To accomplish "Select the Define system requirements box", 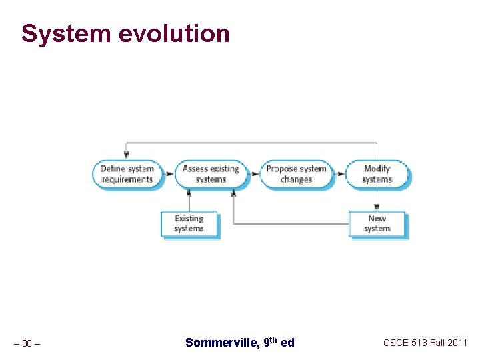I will [x=127, y=174].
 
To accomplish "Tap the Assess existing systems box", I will [x=211, y=174].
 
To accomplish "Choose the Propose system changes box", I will [x=295, y=174].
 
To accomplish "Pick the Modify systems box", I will [x=377, y=174].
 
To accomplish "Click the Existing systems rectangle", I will [x=189, y=224].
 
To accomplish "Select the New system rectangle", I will [x=377, y=224].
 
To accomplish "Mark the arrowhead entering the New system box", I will [x=377, y=208].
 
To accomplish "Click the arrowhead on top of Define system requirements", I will [x=127, y=156].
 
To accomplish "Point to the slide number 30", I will [x=27, y=343].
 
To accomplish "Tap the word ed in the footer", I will [x=287, y=343].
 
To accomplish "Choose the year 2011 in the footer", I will [x=458, y=343].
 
